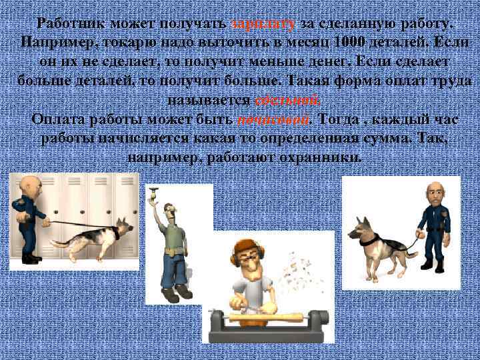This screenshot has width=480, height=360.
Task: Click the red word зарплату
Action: coord(263,23)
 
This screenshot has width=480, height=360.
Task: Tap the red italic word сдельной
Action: coord(287,101)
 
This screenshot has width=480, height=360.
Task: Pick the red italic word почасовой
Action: coord(273,120)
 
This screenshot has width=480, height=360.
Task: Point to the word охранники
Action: coord(321,159)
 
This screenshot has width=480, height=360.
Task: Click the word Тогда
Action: coord(343,120)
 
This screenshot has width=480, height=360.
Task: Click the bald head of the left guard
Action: coord(28,184)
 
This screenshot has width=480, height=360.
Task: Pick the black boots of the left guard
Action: coord(30,256)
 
